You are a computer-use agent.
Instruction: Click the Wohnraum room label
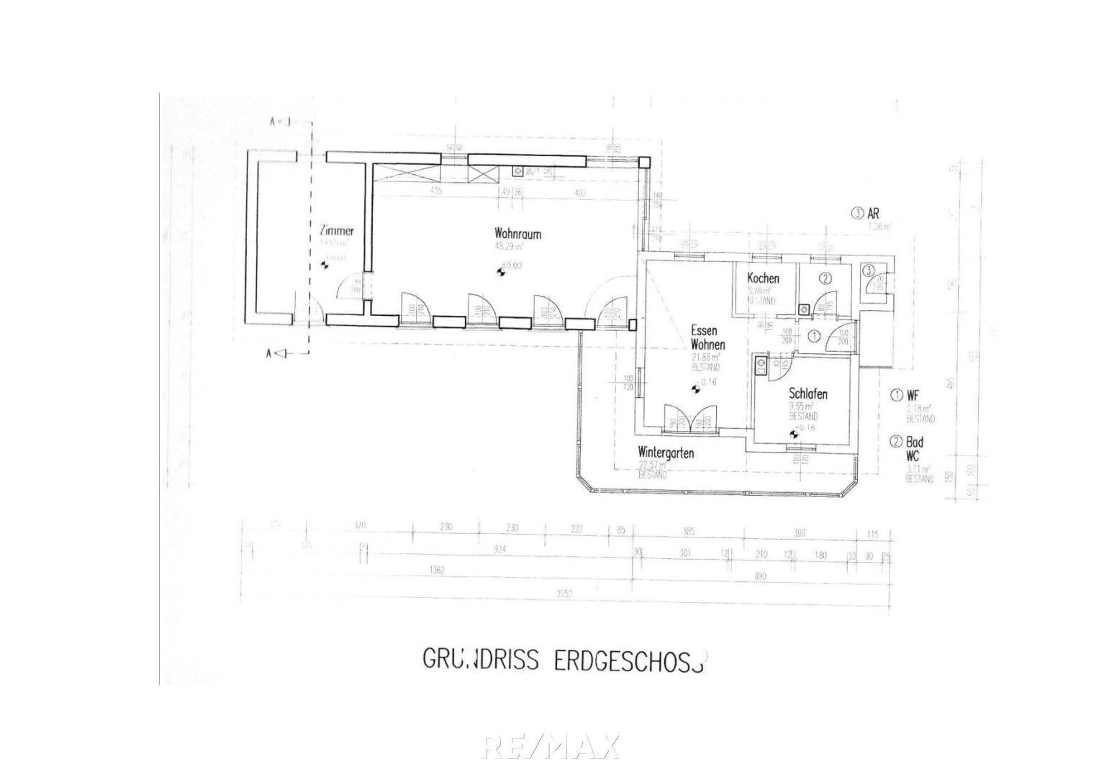(x=517, y=234)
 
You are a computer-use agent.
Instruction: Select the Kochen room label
(x=763, y=278)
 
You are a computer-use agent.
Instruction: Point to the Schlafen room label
(x=808, y=394)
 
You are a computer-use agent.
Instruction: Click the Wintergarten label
(x=666, y=453)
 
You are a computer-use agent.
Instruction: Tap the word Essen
(x=703, y=330)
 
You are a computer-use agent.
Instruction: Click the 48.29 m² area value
(x=508, y=246)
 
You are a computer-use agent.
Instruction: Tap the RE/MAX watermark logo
(x=551, y=747)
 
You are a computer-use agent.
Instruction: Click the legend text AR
(x=874, y=214)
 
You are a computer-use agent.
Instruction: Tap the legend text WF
(x=913, y=395)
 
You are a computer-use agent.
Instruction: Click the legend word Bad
(x=915, y=443)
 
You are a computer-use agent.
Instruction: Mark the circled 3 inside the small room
(x=869, y=271)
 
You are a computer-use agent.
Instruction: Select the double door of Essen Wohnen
(x=690, y=422)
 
